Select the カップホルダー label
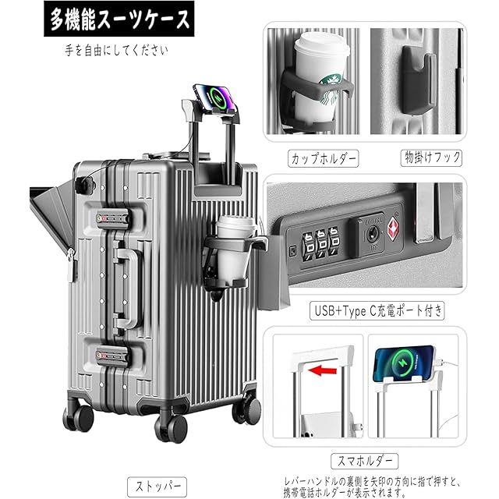pyautogui.click(x=324, y=158)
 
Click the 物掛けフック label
pyautogui.click(x=420, y=158)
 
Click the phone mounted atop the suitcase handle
pyautogui.click(x=217, y=98)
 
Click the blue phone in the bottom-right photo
pyautogui.click(x=405, y=366)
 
